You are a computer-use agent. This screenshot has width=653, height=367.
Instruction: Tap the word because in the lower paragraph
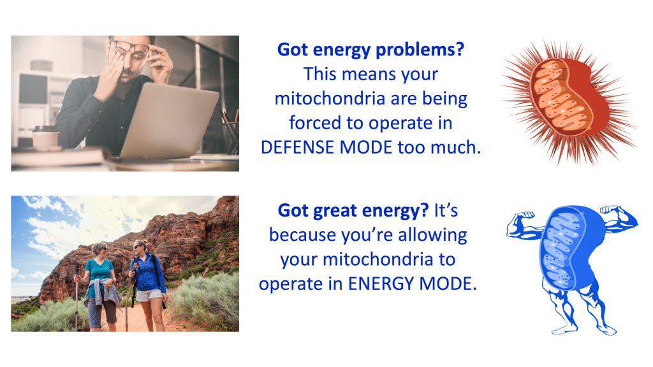point(303,235)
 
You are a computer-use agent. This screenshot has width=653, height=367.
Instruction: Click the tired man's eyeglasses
point(130,49)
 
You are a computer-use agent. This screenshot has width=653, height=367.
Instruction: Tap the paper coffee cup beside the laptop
point(45,138)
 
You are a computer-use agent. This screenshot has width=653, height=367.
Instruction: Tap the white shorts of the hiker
point(149,295)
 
